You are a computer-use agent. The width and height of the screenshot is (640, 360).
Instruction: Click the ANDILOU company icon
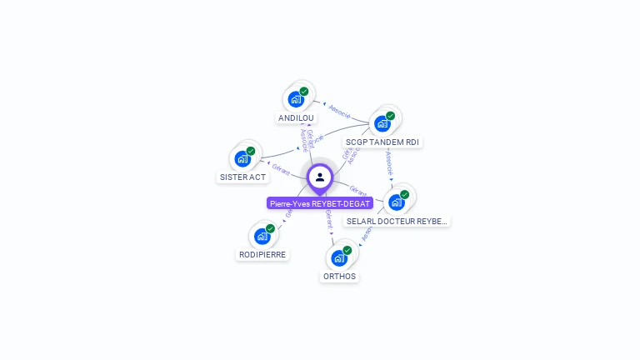[x=296, y=99]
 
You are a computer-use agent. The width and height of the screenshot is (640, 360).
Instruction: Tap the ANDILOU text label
[x=297, y=118]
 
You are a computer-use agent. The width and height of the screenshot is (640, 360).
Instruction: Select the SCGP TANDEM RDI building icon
[x=382, y=123]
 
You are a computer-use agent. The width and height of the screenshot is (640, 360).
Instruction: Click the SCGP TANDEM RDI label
[x=382, y=142]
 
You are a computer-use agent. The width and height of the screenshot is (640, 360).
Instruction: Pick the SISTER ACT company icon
[x=242, y=158]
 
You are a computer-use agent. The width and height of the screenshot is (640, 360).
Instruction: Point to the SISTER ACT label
[x=242, y=177]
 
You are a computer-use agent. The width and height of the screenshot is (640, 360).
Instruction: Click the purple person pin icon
[x=320, y=177]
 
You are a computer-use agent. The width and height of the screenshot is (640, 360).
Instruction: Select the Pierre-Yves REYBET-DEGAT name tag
[x=320, y=203]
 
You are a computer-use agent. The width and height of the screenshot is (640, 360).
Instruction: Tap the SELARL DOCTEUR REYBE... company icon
[x=397, y=202]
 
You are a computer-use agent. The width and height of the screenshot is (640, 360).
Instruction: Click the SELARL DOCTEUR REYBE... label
[x=397, y=222]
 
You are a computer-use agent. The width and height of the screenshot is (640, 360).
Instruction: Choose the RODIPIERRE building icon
[x=262, y=236]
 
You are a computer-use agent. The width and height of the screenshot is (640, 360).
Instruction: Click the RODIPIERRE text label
[x=262, y=255]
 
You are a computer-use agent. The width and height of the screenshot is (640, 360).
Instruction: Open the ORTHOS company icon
[x=339, y=257]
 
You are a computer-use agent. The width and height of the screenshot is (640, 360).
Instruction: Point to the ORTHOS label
[x=339, y=277]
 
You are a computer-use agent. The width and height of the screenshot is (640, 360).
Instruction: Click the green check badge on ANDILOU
[x=304, y=92]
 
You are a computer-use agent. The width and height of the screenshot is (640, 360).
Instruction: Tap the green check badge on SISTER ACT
[x=251, y=151]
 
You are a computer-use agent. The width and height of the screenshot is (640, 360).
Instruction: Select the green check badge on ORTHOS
[x=347, y=250]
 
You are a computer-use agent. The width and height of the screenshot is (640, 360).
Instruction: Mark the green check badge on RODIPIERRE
[x=271, y=228]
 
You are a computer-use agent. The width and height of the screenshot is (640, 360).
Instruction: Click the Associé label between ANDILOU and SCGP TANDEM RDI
[x=340, y=109]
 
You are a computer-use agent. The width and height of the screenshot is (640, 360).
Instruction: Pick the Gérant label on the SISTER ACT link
[x=280, y=170]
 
